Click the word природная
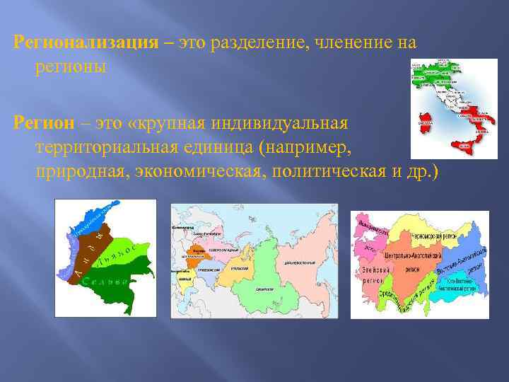click(x=78, y=172)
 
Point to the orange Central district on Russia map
click(x=196, y=258)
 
